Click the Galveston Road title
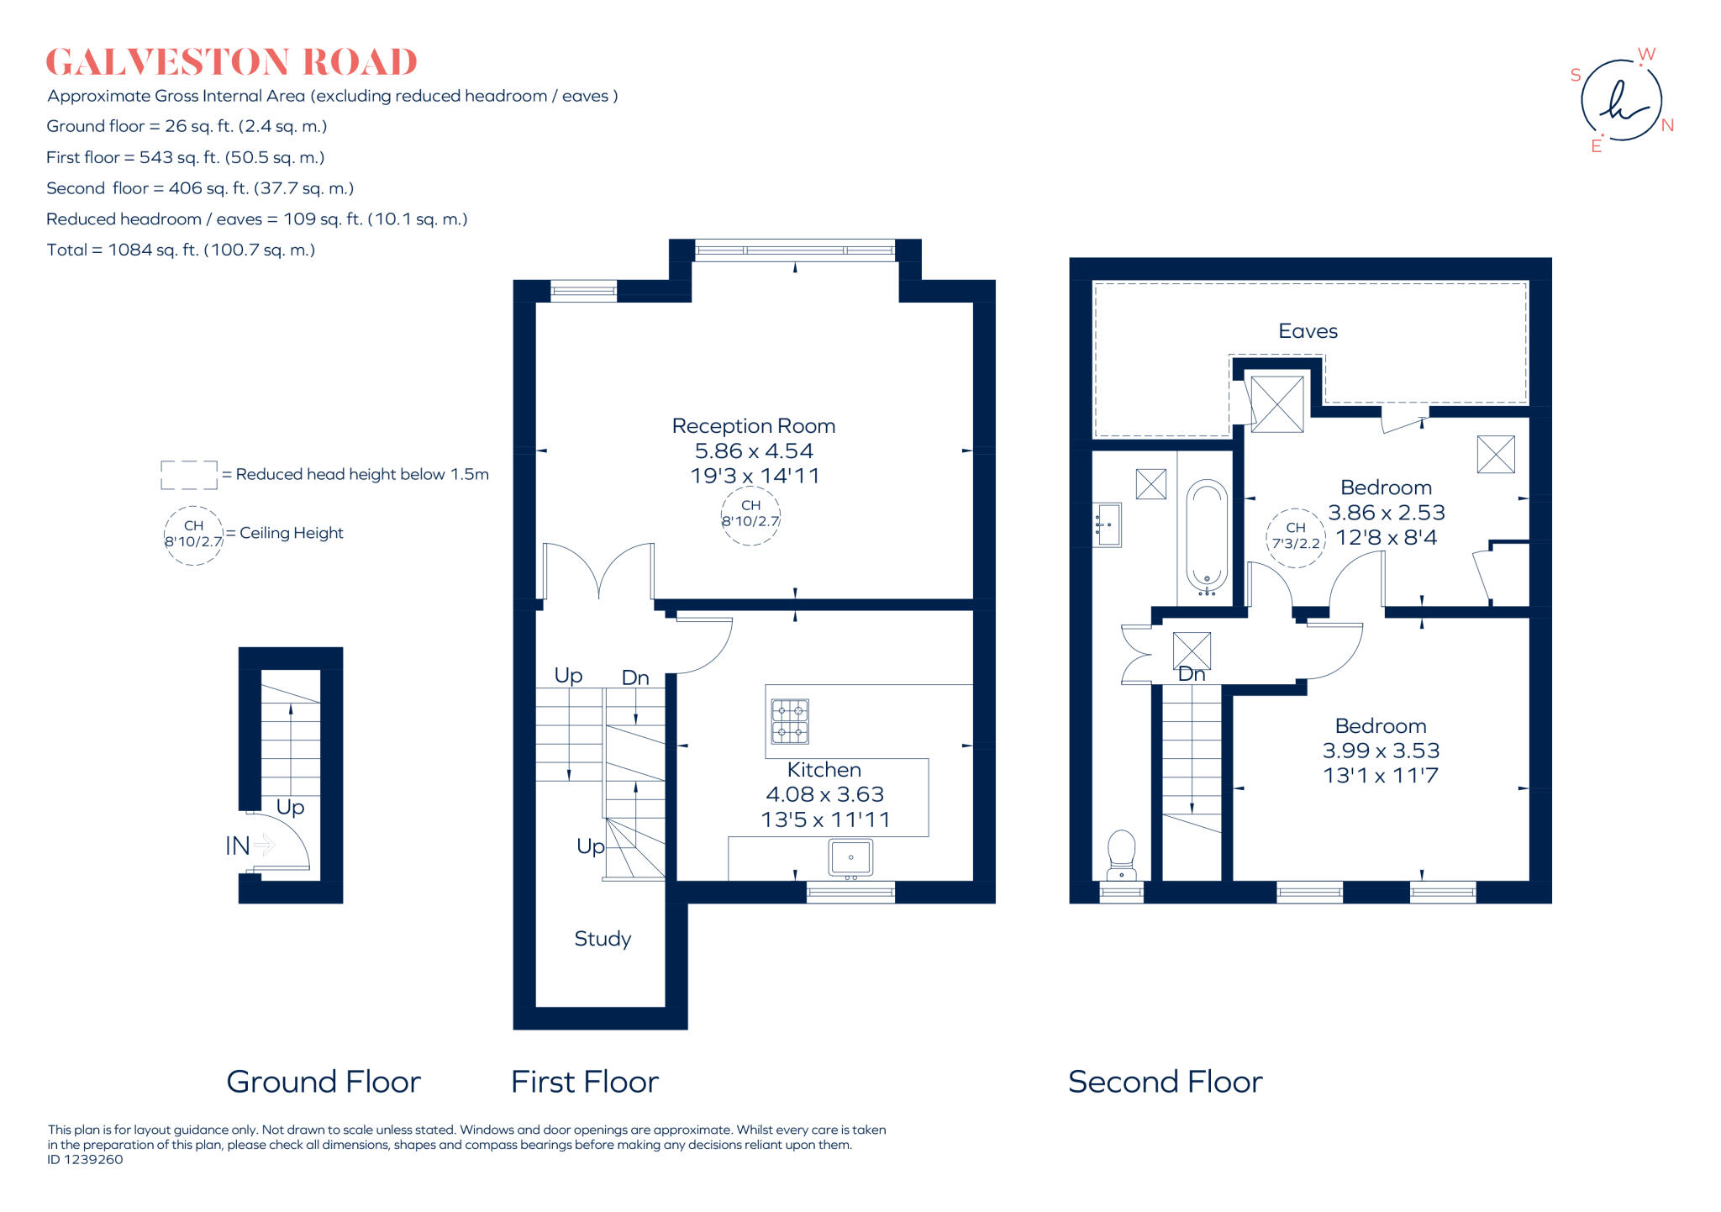pos(231,62)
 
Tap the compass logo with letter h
pos(1621,101)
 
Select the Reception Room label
pos(753,426)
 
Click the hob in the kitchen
pos(790,721)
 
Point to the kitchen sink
pos(850,857)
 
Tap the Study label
pos(603,939)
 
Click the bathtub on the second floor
pos(1207,536)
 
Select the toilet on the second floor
pos(1122,852)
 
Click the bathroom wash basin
pos(1107,524)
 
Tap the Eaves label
pos(1308,331)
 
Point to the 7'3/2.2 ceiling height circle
pos(1295,536)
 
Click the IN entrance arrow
pos(263,844)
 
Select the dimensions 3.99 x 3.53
pos(1381,751)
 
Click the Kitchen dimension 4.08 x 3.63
pos(824,794)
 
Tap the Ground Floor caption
pos(324,1082)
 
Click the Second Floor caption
pos(1165,1082)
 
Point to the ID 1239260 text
pos(85,1160)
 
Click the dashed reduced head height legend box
pos(189,475)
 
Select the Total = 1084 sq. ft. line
pos(181,250)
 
